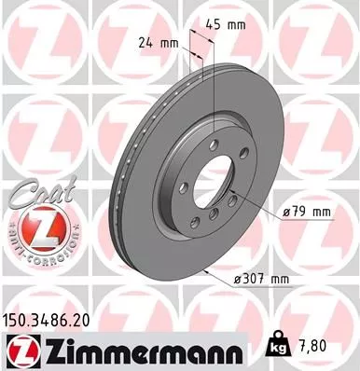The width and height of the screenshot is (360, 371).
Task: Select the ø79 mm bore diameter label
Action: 308,212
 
